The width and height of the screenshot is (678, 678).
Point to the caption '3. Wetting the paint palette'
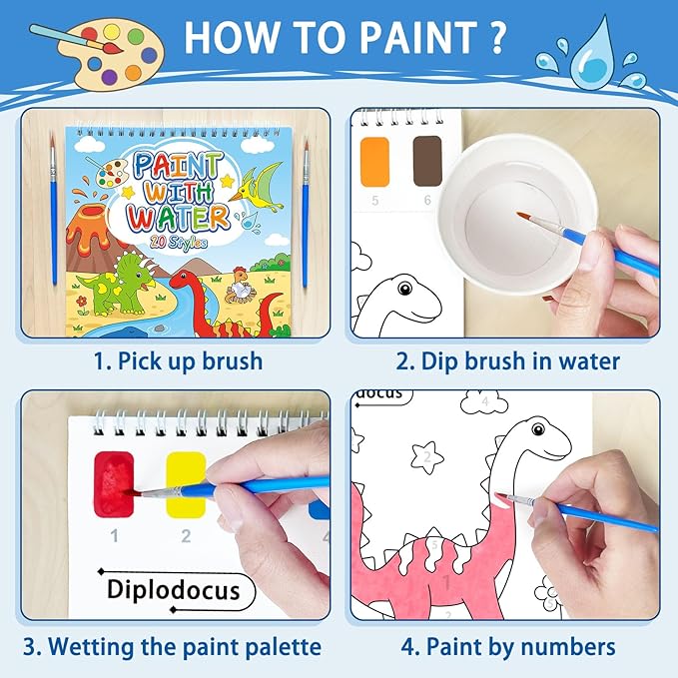(x=174, y=646)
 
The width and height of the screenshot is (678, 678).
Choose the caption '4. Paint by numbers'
(x=508, y=646)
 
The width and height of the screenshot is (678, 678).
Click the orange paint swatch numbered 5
(x=374, y=159)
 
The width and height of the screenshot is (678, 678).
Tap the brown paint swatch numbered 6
(x=427, y=159)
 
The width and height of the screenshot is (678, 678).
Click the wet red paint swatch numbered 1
(x=114, y=482)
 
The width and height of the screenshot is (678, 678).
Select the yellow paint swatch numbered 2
(x=185, y=482)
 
